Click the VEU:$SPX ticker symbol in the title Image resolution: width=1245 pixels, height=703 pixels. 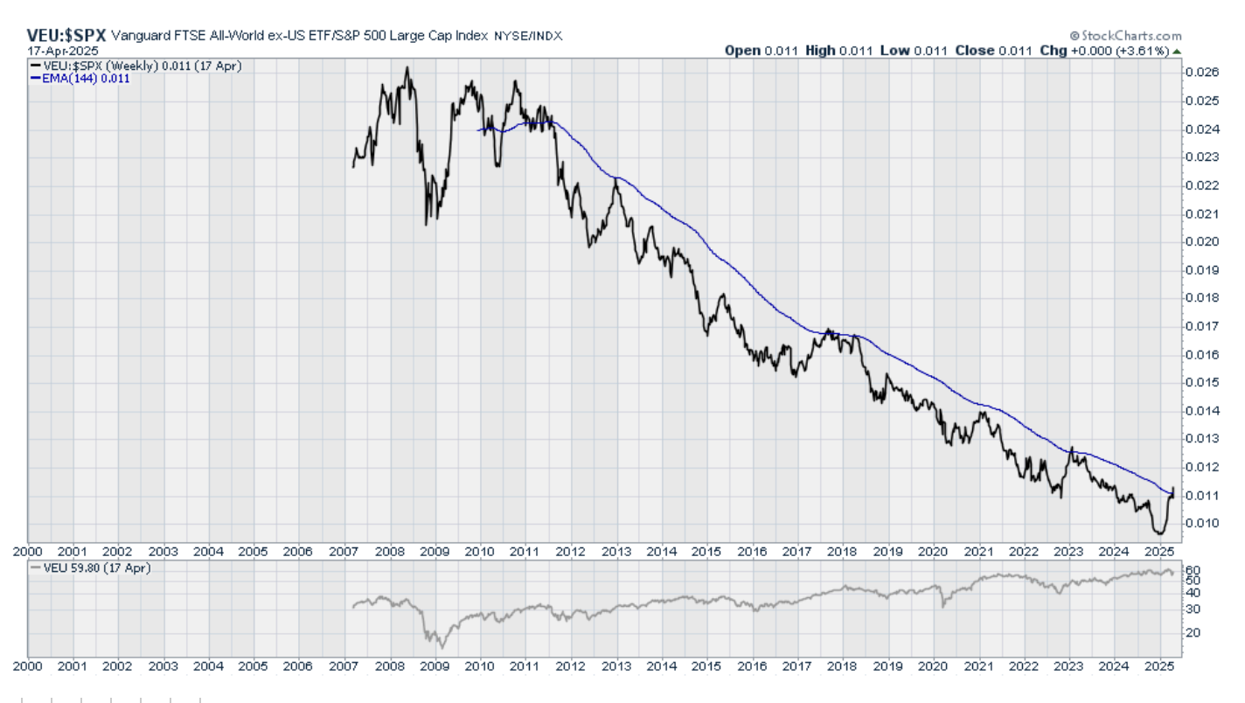coord(66,36)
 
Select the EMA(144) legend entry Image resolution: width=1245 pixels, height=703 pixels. coord(80,78)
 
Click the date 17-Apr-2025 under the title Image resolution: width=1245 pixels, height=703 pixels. coord(63,51)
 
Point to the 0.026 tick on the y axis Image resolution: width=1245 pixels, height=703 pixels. coord(1202,73)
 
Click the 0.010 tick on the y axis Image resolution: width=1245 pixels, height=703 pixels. coord(1202,523)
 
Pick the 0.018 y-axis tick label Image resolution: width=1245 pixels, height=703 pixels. coord(1202,297)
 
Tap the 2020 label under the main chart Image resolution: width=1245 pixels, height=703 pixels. coord(935,552)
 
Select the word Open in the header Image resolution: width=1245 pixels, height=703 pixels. coord(742,51)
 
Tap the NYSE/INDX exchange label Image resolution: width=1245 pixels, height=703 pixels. coord(528,36)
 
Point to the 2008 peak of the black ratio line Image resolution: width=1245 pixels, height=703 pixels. coord(407,68)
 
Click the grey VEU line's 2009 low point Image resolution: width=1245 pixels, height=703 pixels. coord(442,647)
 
